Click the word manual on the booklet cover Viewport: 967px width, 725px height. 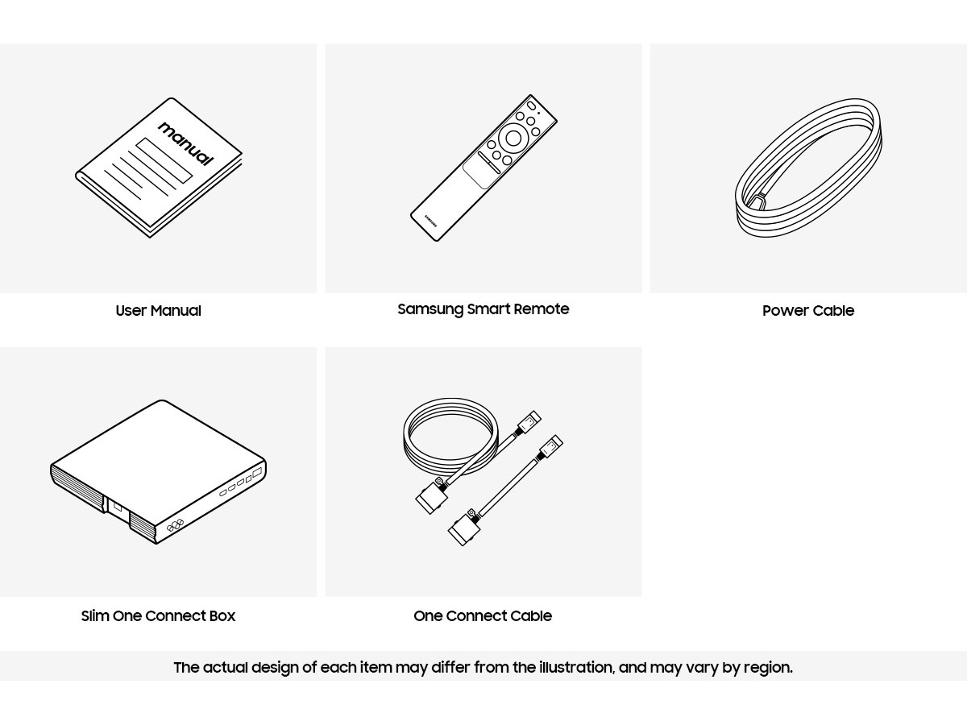(186, 144)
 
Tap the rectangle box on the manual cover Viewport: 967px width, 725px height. (164, 160)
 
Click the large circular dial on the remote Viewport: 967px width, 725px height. (513, 139)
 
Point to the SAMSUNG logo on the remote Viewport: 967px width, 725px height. (431, 222)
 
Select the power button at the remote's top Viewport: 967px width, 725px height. (531, 106)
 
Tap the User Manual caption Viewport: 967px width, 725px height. (158, 311)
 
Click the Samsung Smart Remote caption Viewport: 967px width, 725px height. (483, 309)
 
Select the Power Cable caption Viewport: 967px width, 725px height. (808, 311)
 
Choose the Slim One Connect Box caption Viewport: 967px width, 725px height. (158, 615)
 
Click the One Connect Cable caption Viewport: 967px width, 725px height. (483, 615)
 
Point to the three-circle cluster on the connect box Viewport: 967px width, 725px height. (175, 525)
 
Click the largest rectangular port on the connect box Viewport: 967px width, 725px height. (257, 473)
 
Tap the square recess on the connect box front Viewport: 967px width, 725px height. (117, 507)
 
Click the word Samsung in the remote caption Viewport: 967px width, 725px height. (430, 309)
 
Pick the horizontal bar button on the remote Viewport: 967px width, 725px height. (489, 163)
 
